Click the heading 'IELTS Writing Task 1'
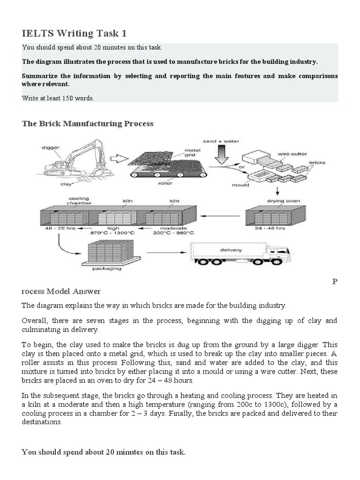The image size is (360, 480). [x=74, y=33]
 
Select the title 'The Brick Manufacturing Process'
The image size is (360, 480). [x=88, y=124]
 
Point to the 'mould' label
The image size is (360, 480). [x=239, y=185]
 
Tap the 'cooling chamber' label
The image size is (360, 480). [x=79, y=201]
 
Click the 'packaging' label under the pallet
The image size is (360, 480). [x=107, y=269]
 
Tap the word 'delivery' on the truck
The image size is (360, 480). [x=231, y=250]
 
